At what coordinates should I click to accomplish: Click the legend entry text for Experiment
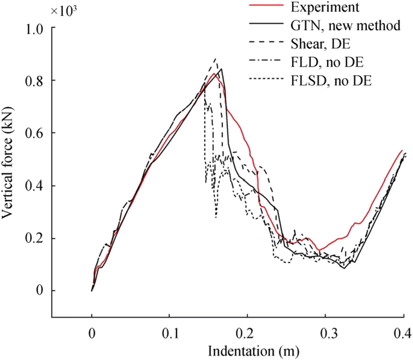325,8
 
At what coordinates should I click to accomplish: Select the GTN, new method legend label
344,26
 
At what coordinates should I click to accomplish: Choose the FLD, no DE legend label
326,63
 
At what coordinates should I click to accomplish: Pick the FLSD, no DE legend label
330,81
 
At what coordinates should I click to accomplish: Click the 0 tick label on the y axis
40,291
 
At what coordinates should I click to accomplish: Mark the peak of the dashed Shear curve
215,59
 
